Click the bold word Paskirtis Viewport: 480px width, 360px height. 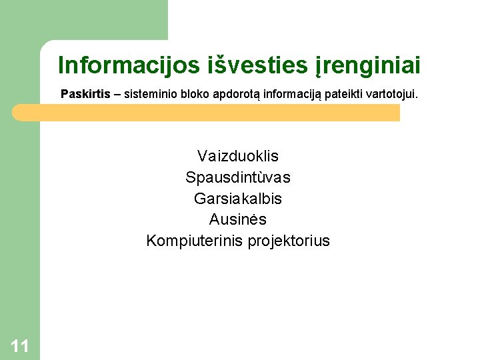tap(85, 94)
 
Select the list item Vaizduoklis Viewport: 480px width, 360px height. tap(238, 157)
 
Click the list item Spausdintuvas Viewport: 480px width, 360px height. tap(238, 178)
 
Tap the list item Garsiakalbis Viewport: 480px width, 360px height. tap(238, 199)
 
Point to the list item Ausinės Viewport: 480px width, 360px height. tap(238, 219)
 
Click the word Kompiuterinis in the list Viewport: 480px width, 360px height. tap(195, 241)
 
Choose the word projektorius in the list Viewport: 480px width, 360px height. tap(289, 241)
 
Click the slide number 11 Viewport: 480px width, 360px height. tap(20, 345)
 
